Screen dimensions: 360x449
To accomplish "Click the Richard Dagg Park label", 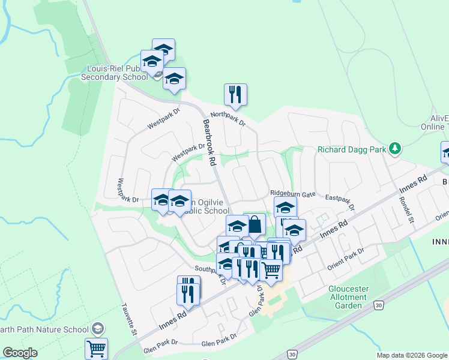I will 351,150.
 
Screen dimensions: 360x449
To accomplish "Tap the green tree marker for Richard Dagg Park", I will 394,148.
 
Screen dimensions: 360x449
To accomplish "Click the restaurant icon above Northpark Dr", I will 235,94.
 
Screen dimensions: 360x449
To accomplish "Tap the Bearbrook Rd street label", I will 208,142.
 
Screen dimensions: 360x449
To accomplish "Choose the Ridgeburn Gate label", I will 292,194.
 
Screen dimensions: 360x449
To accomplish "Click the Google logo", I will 20,353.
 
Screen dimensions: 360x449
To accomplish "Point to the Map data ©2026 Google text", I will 412,355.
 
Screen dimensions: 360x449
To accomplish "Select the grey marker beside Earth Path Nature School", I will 98,329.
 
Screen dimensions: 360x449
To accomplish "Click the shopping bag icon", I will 255,225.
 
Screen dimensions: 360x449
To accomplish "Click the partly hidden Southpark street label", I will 206,268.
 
